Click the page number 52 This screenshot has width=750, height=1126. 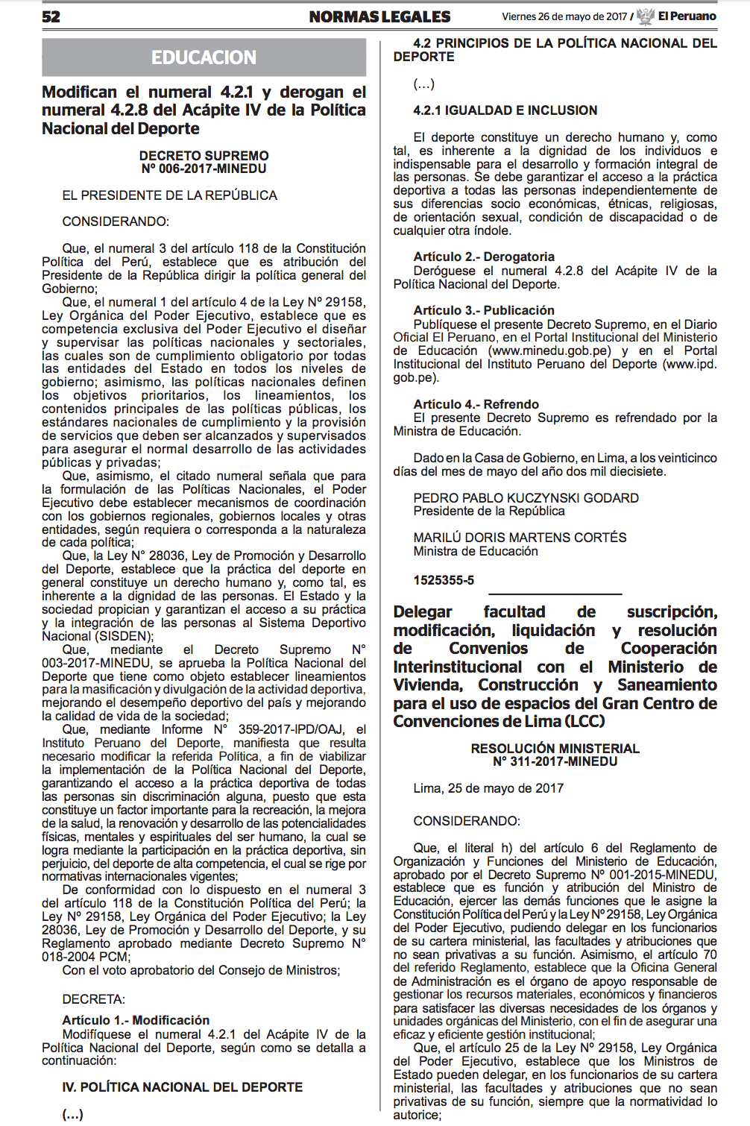[x=51, y=16]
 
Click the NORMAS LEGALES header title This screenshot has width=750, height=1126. [x=379, y=16]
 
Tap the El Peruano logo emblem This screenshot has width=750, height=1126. [x=646, y=16]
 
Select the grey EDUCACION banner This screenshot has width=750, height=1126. [x=204, y=57]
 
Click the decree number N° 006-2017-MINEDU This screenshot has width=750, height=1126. [x=204, y=169]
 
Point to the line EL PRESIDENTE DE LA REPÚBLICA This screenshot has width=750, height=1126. [x=169, y=195]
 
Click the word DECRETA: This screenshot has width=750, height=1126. [x=93, y=999]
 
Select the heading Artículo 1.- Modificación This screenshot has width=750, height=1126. [x=136, y=1020]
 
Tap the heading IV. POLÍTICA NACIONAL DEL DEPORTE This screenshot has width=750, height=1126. [x=182, y=1087]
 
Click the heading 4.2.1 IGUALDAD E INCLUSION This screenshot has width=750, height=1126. [x=505, y=110]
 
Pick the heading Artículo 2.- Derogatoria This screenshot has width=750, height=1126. [x=484, y=257]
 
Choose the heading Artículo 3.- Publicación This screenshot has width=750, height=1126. [x=484, y=310]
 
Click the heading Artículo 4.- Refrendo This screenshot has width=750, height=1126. [x=476, y=404]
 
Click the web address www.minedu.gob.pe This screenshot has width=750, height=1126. [x=550, y=351]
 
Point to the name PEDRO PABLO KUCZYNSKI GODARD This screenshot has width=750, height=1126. [x=526, y=498]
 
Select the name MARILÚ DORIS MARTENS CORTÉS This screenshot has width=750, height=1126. [x=520, y=538]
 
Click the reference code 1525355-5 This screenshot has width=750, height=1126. [x=444, y=580]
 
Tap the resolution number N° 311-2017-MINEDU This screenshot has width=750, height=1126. [x=555, y=761]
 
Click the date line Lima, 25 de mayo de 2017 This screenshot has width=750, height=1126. [x=488, y=788]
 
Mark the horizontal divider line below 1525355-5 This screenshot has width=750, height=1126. [x=555, y=594]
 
